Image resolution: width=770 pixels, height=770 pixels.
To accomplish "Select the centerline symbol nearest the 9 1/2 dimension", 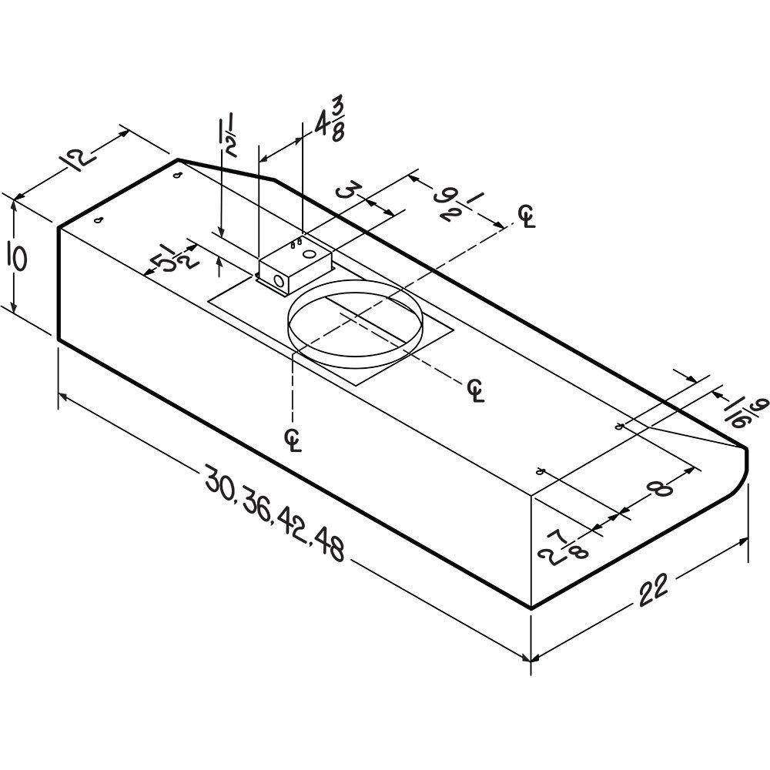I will pyautogui.click(x=527, y=216).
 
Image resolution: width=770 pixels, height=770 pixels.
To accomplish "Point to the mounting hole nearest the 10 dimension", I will pyautogui.click(x=99, y=221).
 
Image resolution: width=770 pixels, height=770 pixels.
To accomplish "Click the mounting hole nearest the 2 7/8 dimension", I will pyautogui.click(x=541, y=471).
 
